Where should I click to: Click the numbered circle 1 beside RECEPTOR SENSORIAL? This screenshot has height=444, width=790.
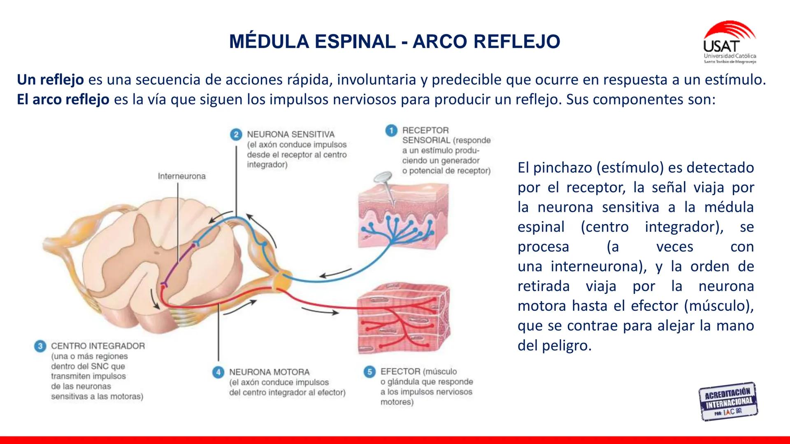[391, 131]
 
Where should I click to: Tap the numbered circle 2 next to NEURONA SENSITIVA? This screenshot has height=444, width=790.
[236, 134]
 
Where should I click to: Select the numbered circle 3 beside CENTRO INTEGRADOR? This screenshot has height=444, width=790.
[40, 346]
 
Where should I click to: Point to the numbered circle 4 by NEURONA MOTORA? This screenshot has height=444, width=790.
[218, 372]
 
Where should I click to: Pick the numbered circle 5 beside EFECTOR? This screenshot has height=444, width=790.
[369, 372]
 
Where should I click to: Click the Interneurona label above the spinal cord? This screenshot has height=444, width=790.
[181, 176]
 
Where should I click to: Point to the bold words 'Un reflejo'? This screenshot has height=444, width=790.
[50, 80]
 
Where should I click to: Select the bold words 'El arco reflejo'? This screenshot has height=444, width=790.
[63, 99]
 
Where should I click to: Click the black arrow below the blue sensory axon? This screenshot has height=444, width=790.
[335, 273]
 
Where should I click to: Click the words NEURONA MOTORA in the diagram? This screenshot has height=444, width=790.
[269, 372]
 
